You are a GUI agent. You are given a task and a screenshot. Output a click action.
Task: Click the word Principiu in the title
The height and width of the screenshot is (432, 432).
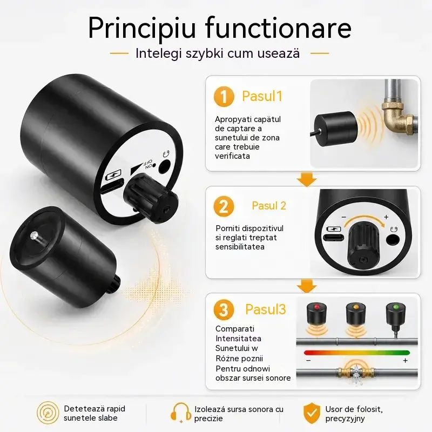(x=142, y=28)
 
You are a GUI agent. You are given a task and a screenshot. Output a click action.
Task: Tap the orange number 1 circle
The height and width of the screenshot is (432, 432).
(x=224, y=97)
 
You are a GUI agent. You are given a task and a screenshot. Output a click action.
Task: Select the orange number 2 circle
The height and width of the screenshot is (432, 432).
(x=224, y=206)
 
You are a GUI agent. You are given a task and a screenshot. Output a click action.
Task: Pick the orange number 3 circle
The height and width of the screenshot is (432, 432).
(x=224, y=309)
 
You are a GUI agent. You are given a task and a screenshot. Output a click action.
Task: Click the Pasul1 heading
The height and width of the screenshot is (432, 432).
(x=262, y=96)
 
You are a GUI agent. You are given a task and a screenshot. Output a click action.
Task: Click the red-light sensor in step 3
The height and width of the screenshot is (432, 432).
(x=317, y=314)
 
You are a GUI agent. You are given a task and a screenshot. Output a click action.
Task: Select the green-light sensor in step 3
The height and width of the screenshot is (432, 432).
(x=396, y=315)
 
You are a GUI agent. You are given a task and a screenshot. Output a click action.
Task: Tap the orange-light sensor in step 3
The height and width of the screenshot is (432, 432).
(x=356, y=314)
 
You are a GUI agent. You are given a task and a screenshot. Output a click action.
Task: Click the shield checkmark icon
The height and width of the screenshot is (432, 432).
(x=312, y=414)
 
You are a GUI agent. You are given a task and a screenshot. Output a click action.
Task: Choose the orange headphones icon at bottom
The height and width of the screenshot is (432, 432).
(x=181, y=413)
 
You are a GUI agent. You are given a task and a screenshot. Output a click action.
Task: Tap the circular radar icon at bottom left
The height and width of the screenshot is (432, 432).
(x=48, y=413)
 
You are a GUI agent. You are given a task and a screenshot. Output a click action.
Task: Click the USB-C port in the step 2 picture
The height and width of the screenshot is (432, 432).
(x=333, y=237)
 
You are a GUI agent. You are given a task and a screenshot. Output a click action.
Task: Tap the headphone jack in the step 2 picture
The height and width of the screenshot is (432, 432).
(x=393, y=239)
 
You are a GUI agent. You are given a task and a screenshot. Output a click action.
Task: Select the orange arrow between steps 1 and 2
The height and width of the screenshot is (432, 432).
(x=307, y=179)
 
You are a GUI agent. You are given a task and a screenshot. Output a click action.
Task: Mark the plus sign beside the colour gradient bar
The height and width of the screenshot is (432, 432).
(x=405, y=361)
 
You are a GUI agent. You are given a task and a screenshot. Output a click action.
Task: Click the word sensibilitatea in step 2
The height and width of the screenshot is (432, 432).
(x=240, y=247)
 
